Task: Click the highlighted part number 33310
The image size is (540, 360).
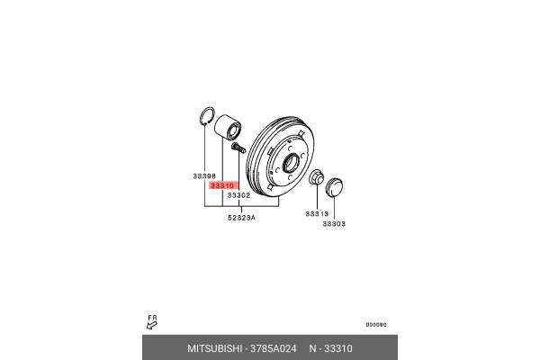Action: [220, 185]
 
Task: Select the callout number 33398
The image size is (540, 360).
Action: [204, 175]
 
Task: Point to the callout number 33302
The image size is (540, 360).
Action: [238, 194]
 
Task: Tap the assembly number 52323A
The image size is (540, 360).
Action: [240, 217]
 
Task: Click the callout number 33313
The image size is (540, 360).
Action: [316, 213]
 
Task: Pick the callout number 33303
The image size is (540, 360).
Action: [334, 223]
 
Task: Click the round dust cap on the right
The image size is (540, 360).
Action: [334, 187]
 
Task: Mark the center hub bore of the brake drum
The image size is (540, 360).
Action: [291, 164]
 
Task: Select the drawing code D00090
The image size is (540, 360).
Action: [375, 325]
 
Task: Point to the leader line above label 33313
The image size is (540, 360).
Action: [316, 198]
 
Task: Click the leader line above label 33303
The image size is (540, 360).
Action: [334, 208]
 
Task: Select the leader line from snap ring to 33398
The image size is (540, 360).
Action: [204, 149]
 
